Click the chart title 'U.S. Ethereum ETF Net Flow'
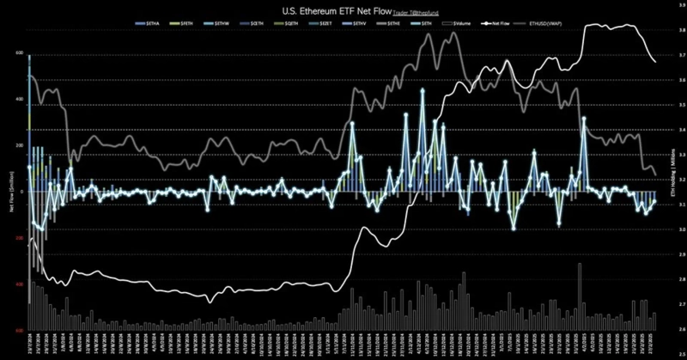(x=325, y=9)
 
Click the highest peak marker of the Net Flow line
(x=423, y=88)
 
